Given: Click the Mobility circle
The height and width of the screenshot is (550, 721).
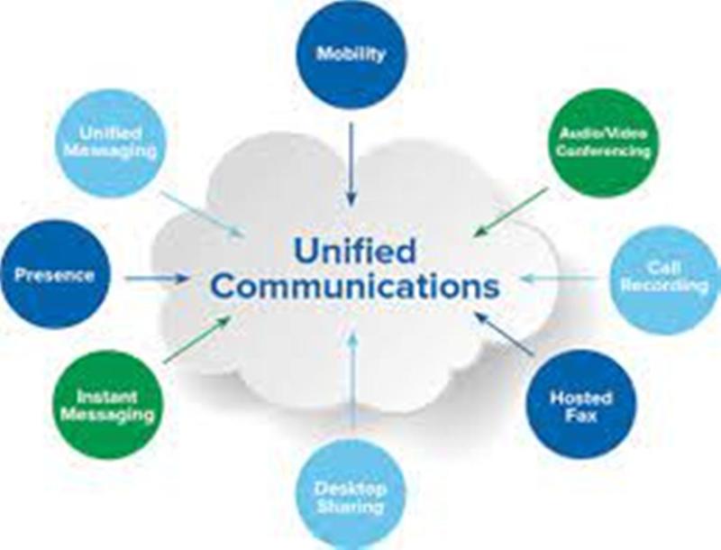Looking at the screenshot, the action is point(351,54).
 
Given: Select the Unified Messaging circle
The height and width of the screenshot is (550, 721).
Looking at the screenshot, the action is point(110,143).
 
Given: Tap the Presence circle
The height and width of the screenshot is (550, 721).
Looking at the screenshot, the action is point(55,274).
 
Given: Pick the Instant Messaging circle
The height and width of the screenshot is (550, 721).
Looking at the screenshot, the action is point(108,405).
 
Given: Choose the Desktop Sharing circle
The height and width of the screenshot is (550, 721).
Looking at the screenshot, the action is point(351,495).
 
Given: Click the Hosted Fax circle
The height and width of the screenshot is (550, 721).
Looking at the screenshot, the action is point(581,406).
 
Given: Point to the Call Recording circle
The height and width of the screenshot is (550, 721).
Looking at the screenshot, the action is point(665,279).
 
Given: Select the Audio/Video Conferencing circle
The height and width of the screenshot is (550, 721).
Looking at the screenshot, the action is point(603,142).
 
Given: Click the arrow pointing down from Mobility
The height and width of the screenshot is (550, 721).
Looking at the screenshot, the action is point(351,164).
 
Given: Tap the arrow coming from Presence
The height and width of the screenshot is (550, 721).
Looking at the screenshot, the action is point(157,279).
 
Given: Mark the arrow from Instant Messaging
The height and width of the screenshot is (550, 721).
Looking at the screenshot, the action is point(197,339).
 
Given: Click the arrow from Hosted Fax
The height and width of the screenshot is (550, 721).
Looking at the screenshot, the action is point(505,334).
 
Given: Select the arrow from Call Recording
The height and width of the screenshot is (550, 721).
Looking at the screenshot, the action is point(560,279).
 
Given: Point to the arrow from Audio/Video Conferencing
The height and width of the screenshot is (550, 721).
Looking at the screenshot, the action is point(511,212).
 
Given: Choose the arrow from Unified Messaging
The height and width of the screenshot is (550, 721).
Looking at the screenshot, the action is point(202,215).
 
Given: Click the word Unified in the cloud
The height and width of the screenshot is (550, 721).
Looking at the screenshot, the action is point(355,250).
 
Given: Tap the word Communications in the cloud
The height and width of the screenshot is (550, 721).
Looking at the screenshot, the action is point(355,286).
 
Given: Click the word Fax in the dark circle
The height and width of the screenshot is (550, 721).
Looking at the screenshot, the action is point(581,416).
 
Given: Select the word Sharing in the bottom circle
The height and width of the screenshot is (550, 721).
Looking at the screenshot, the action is point(351,507).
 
